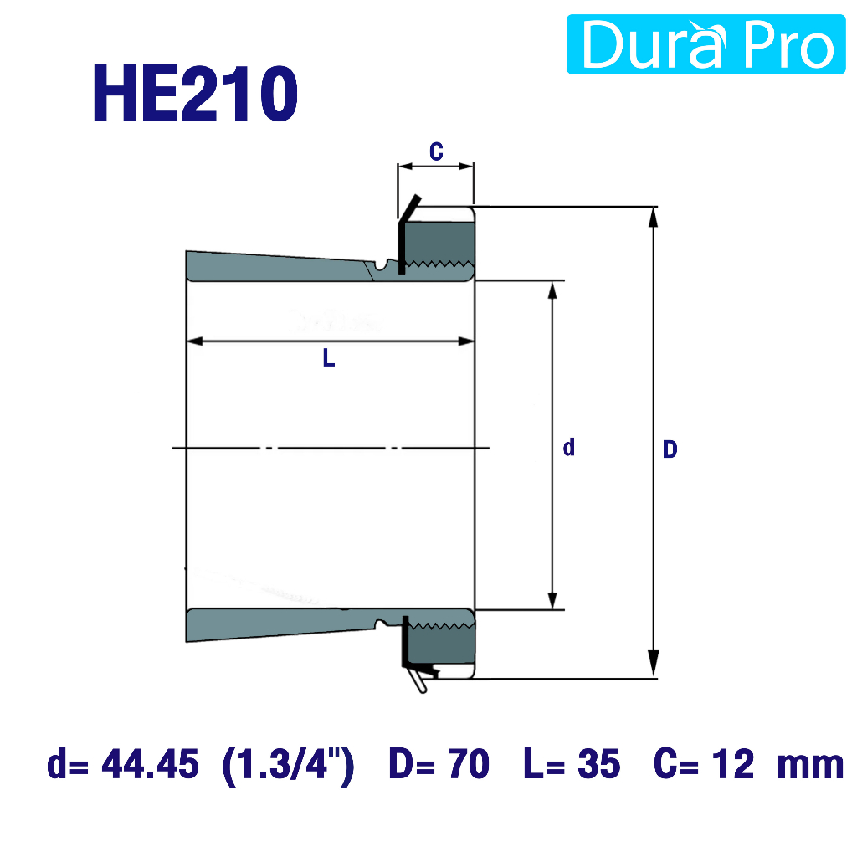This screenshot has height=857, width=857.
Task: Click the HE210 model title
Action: tap(196, 94)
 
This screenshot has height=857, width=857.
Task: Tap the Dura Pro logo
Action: tap(706, 44)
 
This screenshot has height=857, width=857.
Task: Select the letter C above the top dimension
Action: tap(436, 151)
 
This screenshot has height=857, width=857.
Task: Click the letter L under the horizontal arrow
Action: tap(328, 358)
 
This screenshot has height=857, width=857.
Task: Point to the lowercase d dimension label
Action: tap(569, 447)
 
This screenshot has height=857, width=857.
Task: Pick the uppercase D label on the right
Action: tap(670, 449)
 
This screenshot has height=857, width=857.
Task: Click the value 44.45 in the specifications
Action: tap(151, 763)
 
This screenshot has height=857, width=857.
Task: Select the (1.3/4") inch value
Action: tap(289, 765)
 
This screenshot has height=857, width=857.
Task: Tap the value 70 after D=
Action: tap(469, 763)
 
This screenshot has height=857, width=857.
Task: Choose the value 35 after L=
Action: tap(599, 763)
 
